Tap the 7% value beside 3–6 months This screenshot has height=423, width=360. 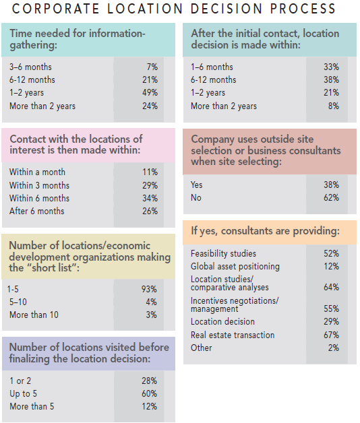152,67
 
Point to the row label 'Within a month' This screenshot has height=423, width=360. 38,172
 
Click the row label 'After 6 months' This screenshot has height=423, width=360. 37,211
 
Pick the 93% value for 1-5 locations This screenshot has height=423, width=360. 149,289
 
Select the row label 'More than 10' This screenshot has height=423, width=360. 34,315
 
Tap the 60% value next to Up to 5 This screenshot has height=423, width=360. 149,393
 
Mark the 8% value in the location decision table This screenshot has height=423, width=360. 333,106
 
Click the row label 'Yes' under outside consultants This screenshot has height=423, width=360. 197,185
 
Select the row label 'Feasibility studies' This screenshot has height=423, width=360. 223,254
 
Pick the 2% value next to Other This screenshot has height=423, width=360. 333,348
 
